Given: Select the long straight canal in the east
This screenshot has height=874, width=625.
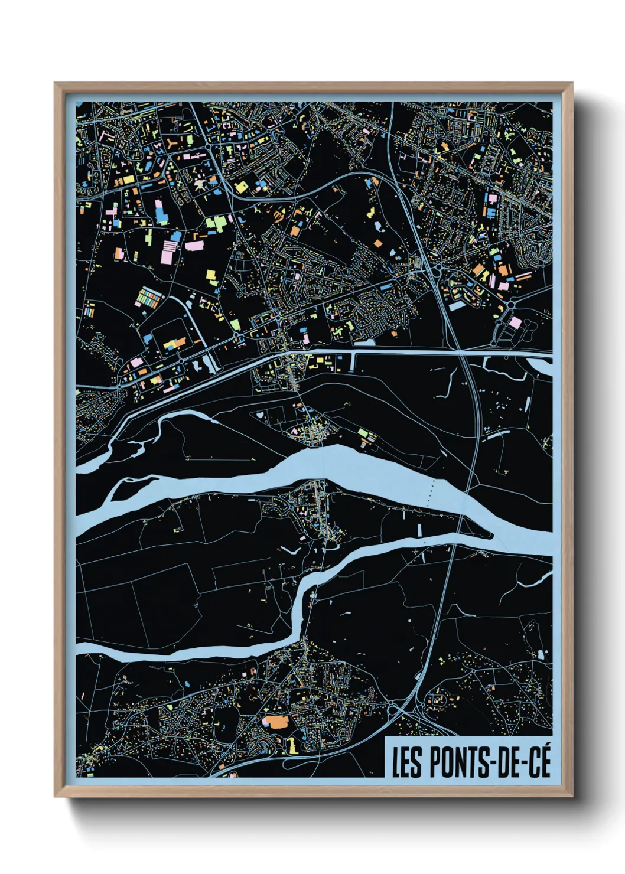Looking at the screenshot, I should (x=414, y=352).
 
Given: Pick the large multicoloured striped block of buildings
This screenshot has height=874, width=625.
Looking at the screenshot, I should (x=150, y=298).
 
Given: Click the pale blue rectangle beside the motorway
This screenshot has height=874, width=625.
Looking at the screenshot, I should (x=458, y=305).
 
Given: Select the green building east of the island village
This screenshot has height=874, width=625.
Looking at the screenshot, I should (x=363, y=433).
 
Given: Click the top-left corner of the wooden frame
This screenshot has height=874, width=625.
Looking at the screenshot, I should (x=56, y=84).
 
